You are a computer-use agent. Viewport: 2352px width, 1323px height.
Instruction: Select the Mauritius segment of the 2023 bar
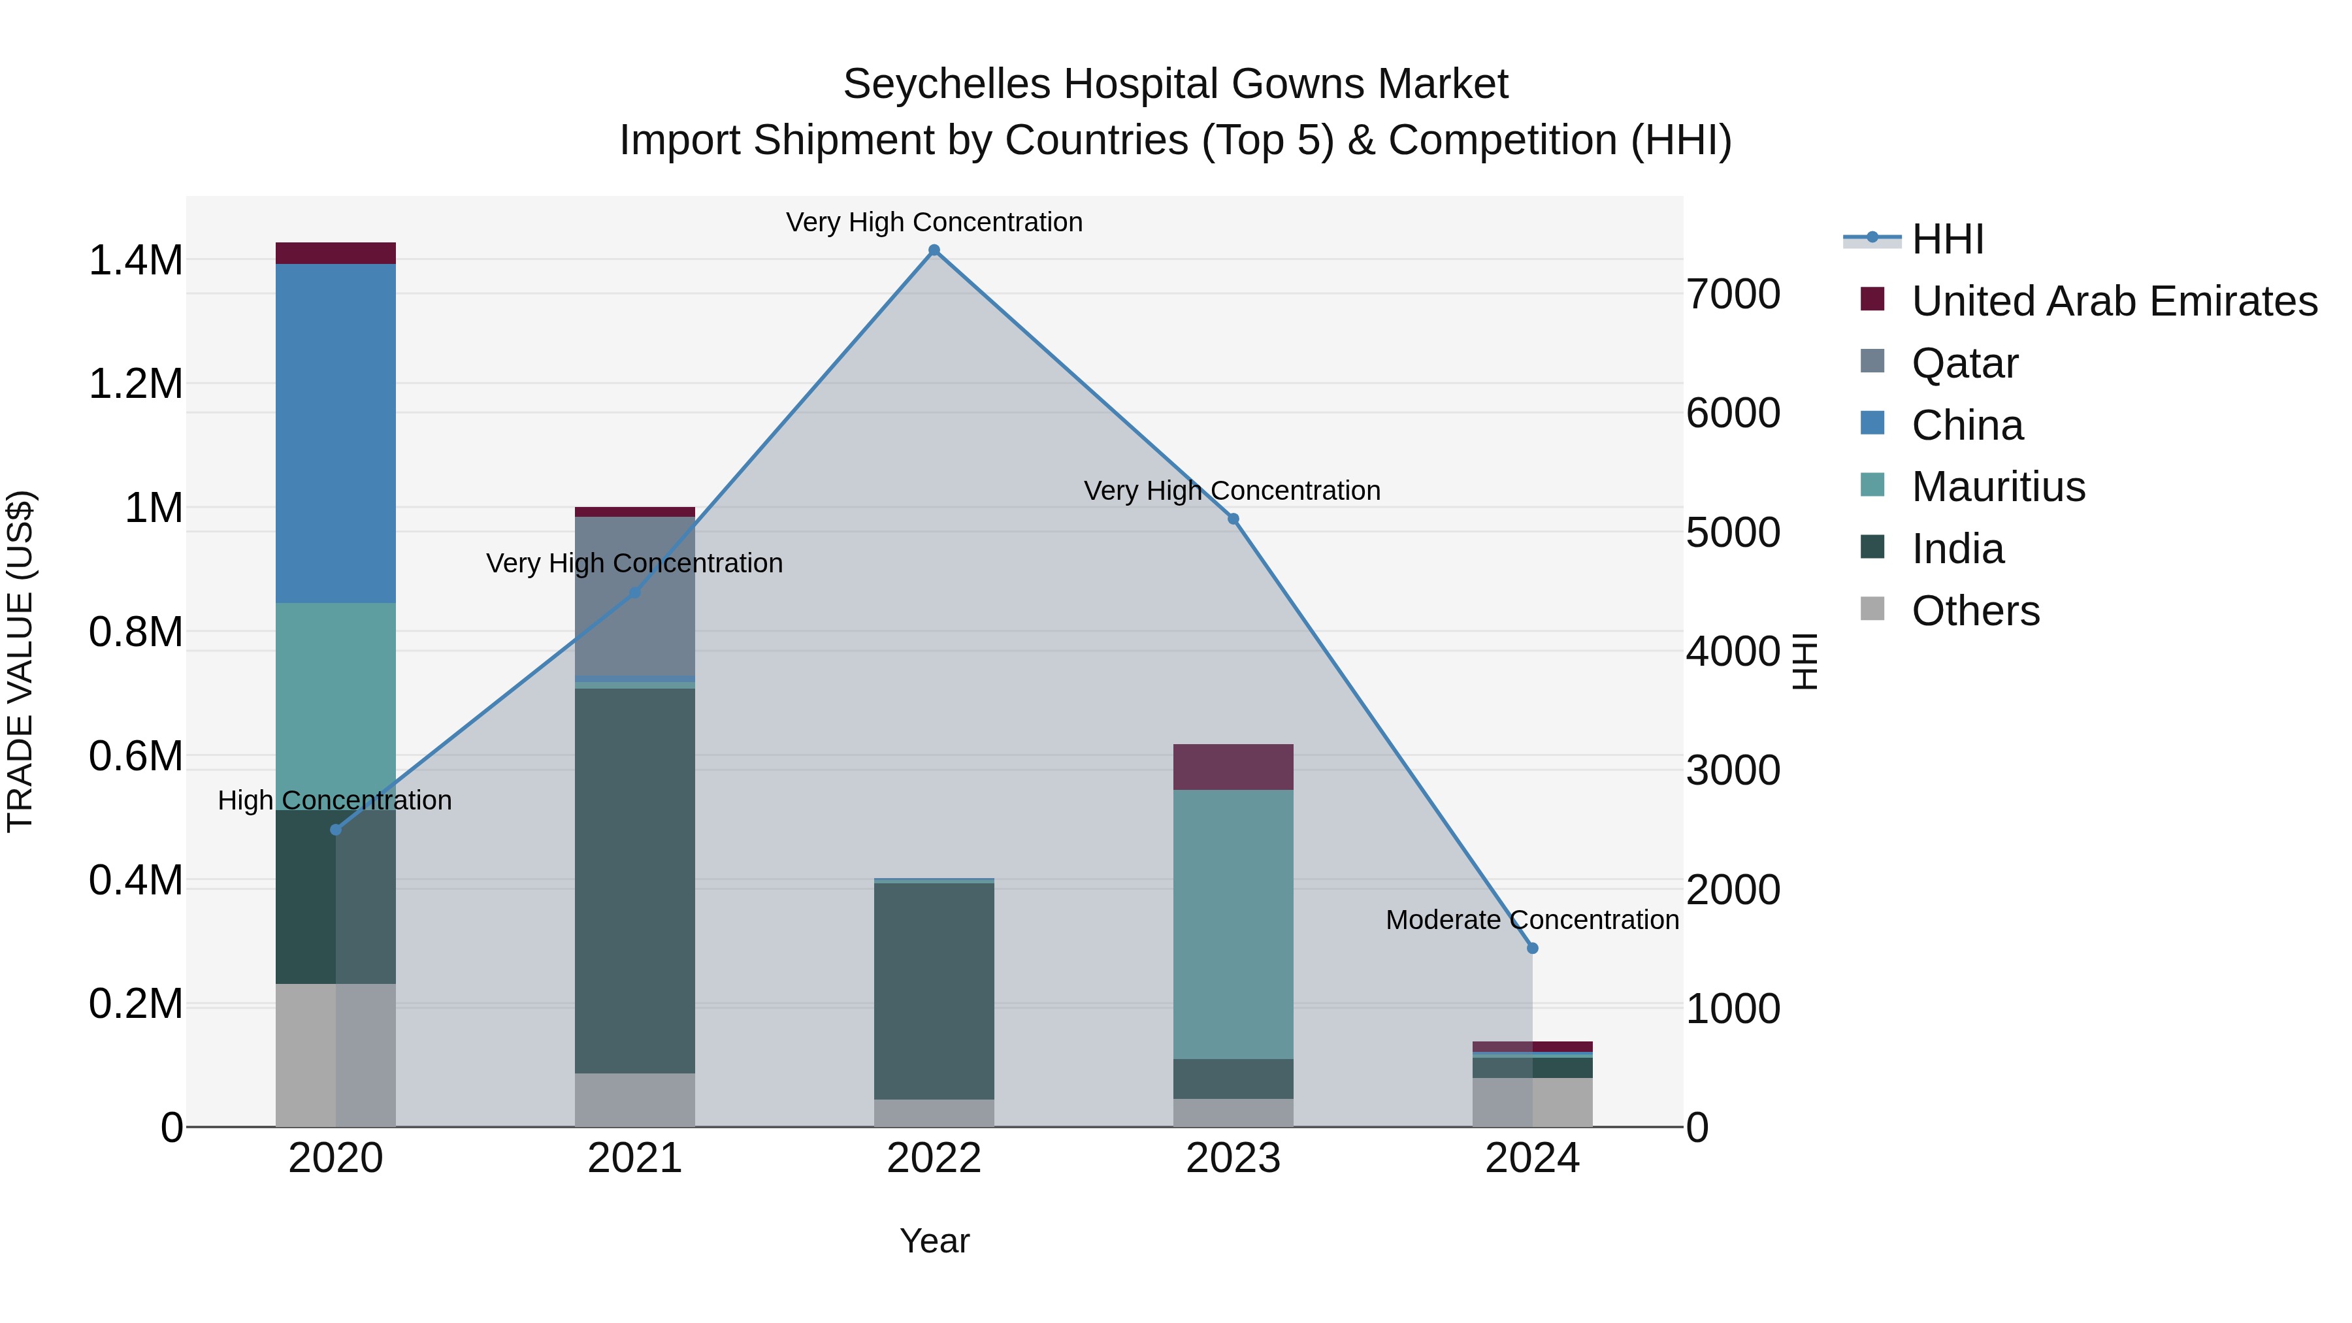coord(1233,923)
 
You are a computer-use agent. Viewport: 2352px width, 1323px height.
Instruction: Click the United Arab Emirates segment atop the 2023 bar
coord(1233,766)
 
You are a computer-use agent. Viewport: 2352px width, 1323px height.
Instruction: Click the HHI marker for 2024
coord(1532,948)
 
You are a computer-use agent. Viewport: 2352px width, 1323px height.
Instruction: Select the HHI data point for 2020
coord(335,829)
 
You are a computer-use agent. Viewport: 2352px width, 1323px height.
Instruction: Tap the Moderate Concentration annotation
coord(1531,919)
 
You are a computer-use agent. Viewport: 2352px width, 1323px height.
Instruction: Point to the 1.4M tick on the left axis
coord(135,260)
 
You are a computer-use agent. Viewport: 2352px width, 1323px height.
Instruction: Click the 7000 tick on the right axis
coord(1732,294)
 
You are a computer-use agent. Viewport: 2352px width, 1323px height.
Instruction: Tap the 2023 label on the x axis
coord(1233,1158)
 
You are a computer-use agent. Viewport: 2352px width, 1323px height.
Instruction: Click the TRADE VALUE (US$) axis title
coord(20,661)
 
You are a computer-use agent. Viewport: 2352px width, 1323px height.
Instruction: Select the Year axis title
coord(934,1241)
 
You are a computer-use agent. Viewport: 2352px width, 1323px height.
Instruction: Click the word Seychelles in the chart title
coord(946,84)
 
